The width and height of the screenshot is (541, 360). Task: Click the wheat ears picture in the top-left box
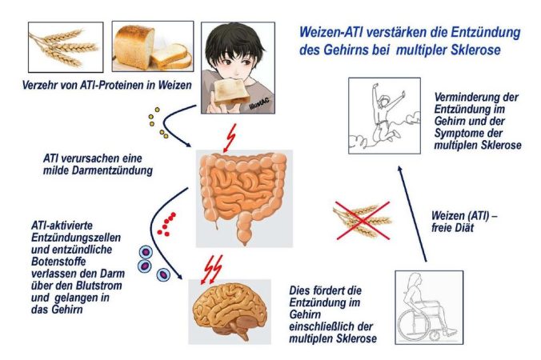(66, 47)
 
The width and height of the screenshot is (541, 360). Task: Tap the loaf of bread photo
(153, 46)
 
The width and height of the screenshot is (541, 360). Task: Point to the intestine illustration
(244, 198)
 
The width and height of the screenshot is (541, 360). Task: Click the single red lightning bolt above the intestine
(230, 138)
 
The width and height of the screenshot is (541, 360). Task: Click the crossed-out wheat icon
(362, 221)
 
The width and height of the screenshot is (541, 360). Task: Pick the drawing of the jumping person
(384, 116)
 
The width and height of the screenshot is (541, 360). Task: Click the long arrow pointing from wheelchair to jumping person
(412, 214)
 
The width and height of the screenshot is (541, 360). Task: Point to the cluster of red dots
(166, 224)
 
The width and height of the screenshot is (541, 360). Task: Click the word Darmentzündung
(113, 170)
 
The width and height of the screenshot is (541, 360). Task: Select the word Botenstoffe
(58, 262)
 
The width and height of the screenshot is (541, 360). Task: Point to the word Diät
(463, 227)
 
